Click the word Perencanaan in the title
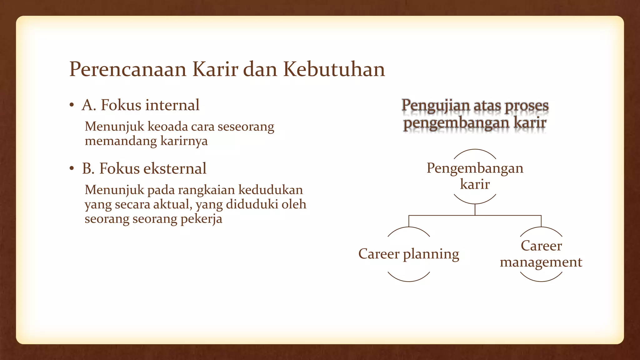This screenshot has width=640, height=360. tap(127, 69)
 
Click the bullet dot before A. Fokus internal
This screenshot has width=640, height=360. tap(72, 105)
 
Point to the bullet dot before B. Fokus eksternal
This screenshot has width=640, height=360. tap(72, 169)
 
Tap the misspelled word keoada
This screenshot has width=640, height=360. tap(167, 127)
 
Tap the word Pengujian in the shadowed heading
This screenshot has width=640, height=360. tap(436, 106)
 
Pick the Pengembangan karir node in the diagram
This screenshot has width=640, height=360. tap(475, 176)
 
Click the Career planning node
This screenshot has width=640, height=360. tap(408, 254)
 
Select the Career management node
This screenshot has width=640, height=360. tap(541, 254)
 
